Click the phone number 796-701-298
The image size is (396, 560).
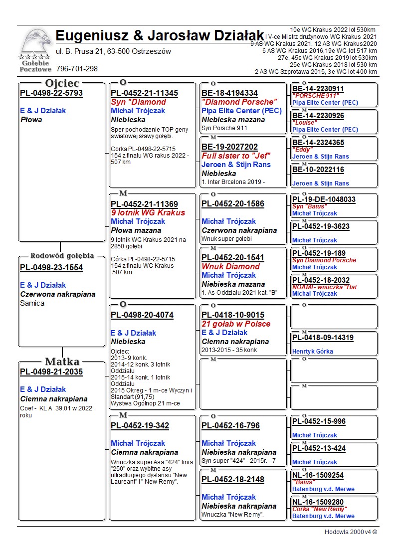click(77, 69)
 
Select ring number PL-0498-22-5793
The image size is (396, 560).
click(51, 93)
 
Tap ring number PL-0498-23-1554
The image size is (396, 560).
click(51, 268)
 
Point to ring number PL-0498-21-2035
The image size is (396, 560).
click(51, 372)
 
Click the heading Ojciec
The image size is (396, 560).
click(62, 83)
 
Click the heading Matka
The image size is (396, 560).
click(62, 362)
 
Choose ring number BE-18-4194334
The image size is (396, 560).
click(230, 93)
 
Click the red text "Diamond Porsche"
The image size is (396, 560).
click(238, 102)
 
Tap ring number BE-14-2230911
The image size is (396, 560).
click(318, 89)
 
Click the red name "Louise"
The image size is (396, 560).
click(304, 122)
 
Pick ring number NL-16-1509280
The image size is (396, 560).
click(318, 502)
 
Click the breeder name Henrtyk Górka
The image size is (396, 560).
click(313, 352)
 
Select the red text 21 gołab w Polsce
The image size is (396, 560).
click(236, 324)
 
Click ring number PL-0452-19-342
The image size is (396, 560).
click(140, 426)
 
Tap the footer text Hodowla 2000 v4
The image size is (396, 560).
click(351, 532)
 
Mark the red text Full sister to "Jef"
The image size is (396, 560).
click(236, 156)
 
